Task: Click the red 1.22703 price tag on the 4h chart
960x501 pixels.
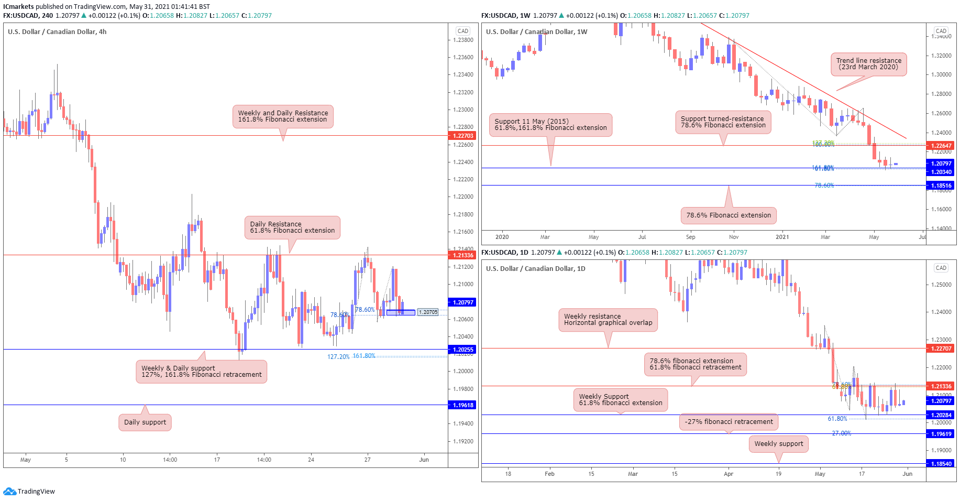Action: (462, 136)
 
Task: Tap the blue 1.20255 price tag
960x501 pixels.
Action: (462, 350)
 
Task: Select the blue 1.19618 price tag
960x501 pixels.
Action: (462, 405)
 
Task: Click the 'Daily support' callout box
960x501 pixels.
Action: (145, 422)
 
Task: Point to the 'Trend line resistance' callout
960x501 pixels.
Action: (868, 64)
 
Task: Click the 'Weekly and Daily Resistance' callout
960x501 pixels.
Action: (283, 116)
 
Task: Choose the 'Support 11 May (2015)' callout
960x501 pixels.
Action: (550, 125)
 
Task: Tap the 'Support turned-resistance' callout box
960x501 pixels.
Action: (723, 122)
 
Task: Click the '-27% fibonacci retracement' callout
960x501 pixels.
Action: (729, 422)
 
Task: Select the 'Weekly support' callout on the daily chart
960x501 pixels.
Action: (778, 444)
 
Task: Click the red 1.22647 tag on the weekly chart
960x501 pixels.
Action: (941, 146)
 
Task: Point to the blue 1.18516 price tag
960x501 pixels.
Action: (941, 186)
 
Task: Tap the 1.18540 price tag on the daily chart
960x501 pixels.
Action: (941, 464)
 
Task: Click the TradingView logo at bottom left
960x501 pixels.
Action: (29, 491)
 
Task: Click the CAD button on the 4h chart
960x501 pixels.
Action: (462, 31)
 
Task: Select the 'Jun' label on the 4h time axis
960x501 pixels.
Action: (424, 460)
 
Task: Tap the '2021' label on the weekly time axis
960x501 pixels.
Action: (782, 237)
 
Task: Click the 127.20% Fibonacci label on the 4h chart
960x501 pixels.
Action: (338, 357)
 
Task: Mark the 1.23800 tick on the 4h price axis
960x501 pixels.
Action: (463, 40)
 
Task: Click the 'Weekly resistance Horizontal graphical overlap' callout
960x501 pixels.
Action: (608, 320)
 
